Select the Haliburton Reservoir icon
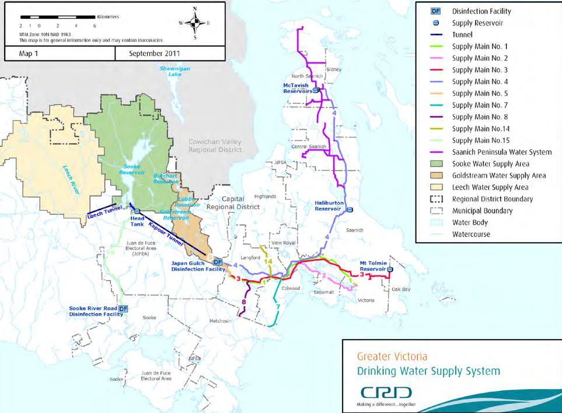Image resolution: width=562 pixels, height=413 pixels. pyautogui.click(x=350, y=209)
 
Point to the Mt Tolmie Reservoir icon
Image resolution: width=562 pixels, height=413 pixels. pyautogui.click(x=389, y=269)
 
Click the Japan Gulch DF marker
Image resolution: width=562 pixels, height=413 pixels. pyautogui.click(x=217, y=263)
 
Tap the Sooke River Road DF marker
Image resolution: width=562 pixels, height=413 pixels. pyautogui.click(x=123, y=309)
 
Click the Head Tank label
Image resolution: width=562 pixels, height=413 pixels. pyautogui.click(x=138, y=220)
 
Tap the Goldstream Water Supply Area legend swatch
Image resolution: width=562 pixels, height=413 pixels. pyautogui.click(x=435, y=176)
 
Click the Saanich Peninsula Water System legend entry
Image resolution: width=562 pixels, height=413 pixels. pyautogui.click(x=501, y=152)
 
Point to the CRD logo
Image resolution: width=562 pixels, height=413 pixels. pyautogui.click(x=386, y=391)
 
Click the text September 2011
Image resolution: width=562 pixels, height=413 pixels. pyautogui.click(x=155, y=54)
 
